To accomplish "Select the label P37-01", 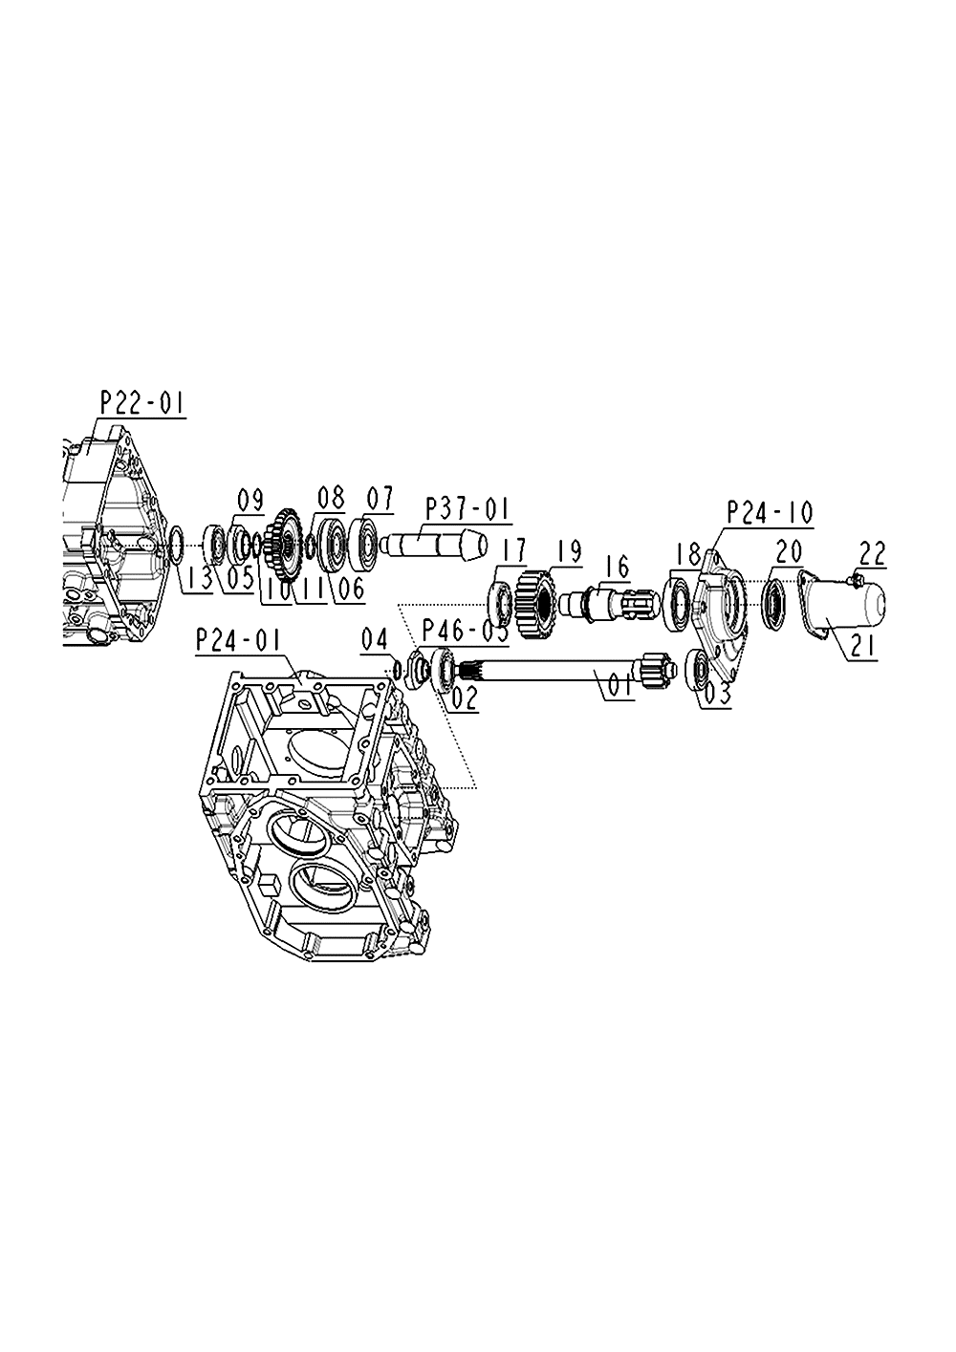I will point(468,508).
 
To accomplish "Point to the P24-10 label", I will point(770,512).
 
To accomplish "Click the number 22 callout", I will point(873,553).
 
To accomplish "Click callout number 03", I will point(716,693).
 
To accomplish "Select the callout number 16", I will point(618,568).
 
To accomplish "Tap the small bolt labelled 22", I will point(856,577).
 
